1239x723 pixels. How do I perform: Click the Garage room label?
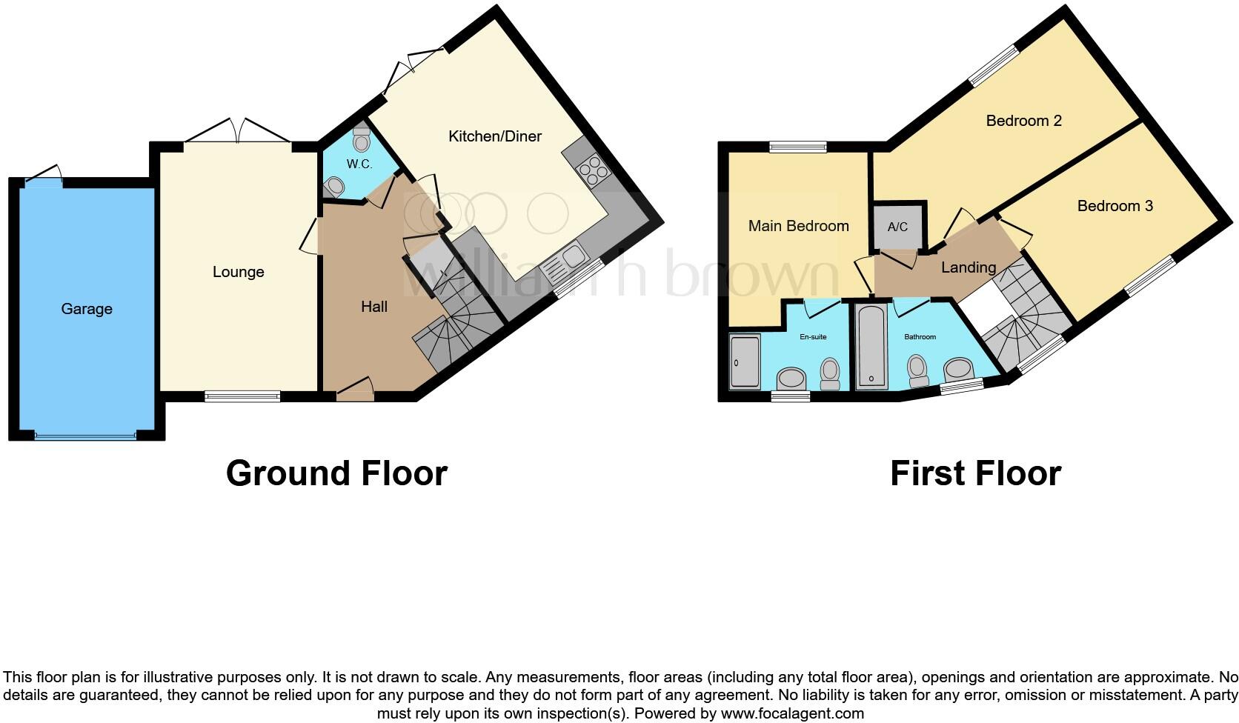(87, 309)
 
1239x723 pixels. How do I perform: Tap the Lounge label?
(238, 272)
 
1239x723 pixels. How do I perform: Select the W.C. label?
(359, 164)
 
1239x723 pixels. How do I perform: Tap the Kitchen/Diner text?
(494, 136)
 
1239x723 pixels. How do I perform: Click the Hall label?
(374, 307)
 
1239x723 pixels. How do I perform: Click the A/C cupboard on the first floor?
(897, 226)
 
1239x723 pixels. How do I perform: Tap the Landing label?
(968, 267)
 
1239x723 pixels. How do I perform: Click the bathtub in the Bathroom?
(871, 347)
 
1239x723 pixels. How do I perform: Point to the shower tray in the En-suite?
(744, 362)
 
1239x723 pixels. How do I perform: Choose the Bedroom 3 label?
(1115, 206)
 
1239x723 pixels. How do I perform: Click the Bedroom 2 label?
(1023, 121)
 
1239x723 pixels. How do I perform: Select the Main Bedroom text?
(798, 226)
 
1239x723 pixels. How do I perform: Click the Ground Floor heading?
(336, 473)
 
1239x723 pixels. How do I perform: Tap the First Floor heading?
(975, 473)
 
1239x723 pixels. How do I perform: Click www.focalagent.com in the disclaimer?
(792, 714)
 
